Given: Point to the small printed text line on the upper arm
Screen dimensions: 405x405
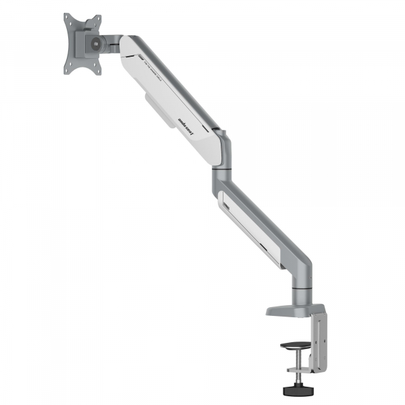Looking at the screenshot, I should click(x=153, y=70).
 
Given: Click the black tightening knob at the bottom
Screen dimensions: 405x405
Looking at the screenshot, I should click(x=295, y=389).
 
